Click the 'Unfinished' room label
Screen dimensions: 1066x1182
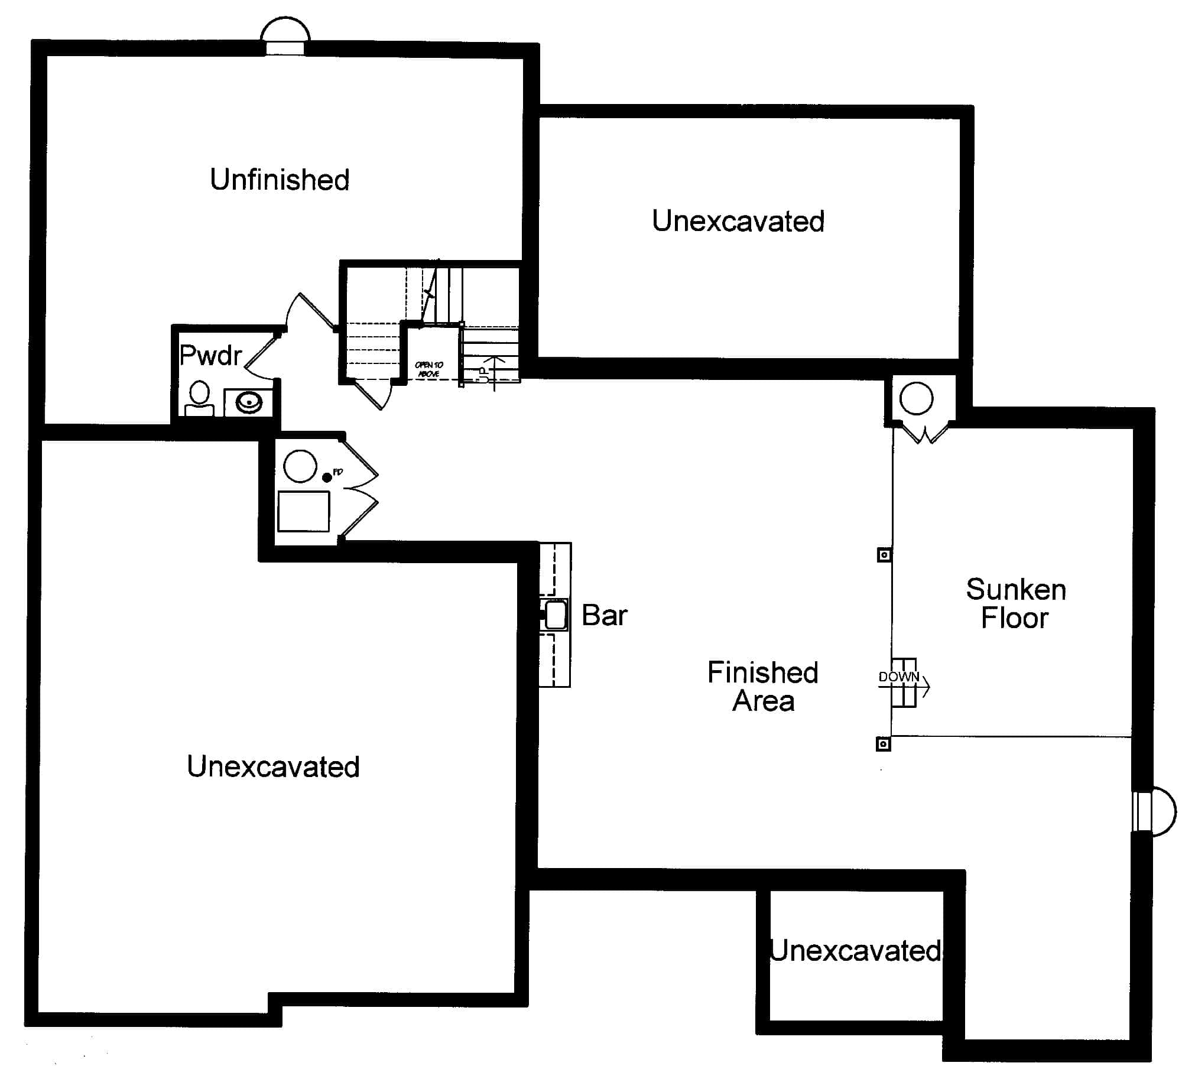point(280,180)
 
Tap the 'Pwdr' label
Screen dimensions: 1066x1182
point(210,355)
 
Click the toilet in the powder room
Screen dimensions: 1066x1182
point(200,397)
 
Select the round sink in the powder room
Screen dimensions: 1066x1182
point(249,403)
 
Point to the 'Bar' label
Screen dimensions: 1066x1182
point(604,615)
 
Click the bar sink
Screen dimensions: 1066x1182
point(555,615)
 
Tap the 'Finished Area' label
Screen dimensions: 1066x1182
point(762,687)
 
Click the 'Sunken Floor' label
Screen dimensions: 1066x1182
point(1015,603)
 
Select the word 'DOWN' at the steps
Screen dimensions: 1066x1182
point(898,677)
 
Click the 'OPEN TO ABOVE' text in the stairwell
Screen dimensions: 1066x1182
point(429,369)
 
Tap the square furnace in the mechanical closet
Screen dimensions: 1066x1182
point(304,511)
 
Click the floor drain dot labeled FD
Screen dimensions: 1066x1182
point(327,477)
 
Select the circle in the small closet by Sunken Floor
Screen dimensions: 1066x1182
point(916,398)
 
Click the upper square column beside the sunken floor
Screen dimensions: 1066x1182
point(884,555)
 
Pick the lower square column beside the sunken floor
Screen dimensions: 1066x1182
point(883,744)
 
